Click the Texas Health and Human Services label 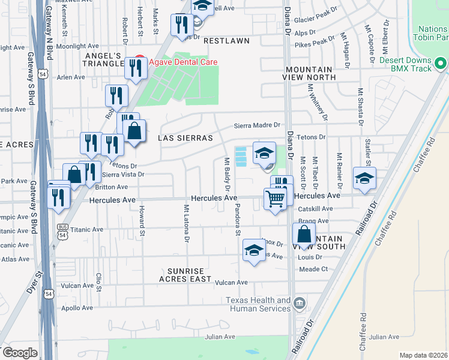pyautogui.click(x=258, y=304)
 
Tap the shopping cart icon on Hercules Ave pyautogui.click(x=275, y=199)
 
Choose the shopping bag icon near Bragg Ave pyautogui.click(x=305, y=235)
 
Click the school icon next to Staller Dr pyautogui.click(x=364, y=178)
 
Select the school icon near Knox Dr pyautogui.click(x=254, y=250)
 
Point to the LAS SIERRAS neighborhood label pyautogui.click(x=185, y=138)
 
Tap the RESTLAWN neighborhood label pyautogui.click(x=226, y=41)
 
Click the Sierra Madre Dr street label pyautogui.click(x=257, y=125)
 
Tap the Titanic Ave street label pyautogui.click(x=87, y=230)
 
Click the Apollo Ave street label pyautogui.click(x=77, y=308)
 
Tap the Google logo pyautogui.click(x=20, y=352)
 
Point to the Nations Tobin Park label pyautogui.click(x=433, y=33)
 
